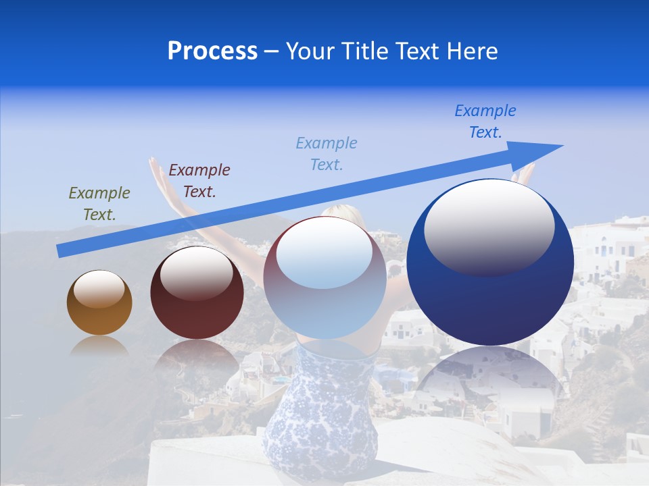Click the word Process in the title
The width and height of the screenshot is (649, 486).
[212, 51]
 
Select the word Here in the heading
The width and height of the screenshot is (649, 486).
[471, 51]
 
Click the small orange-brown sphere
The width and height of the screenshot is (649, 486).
[99, 310]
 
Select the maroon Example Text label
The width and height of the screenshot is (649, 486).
[199, 181]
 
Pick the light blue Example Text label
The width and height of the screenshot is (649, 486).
[327, 153]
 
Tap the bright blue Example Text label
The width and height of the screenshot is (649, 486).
[485, 122]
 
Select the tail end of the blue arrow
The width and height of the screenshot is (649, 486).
[61, 251]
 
